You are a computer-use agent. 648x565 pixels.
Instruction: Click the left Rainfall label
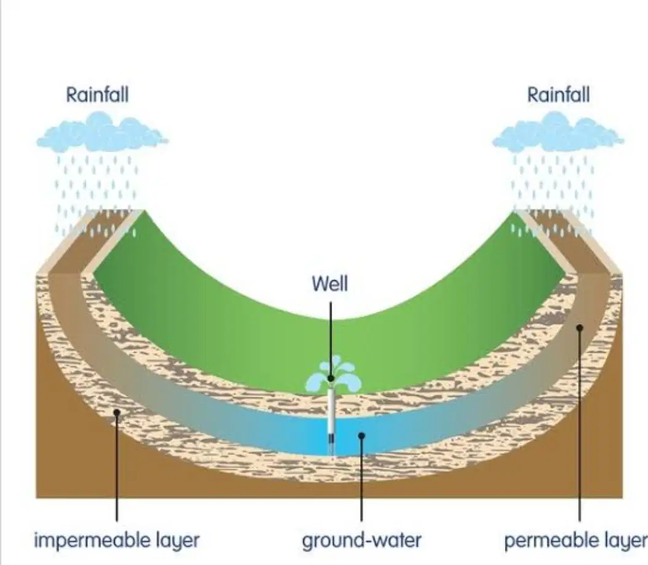coord(98,94)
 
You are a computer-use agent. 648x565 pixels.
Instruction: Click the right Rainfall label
coord(558,94)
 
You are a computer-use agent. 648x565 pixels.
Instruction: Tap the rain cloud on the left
coord(102,132)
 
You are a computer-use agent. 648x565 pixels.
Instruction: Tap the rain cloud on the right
coord(558,132)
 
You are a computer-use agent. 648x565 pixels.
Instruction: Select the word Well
coord(330,284)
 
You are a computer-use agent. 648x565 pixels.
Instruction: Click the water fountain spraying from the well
coord(333,374)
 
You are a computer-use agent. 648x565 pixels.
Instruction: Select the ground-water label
coord(361,540)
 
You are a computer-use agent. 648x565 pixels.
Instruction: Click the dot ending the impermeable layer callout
coord(117,412)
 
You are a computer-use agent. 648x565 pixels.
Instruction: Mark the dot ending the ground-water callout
coord(361,436)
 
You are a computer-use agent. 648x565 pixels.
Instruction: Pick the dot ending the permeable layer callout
coord(579,328)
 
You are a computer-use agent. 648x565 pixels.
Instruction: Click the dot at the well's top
coord(331,379)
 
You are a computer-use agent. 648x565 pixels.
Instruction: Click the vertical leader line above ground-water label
coord(361,479)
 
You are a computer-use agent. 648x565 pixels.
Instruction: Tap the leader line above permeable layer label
coord(579,424)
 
